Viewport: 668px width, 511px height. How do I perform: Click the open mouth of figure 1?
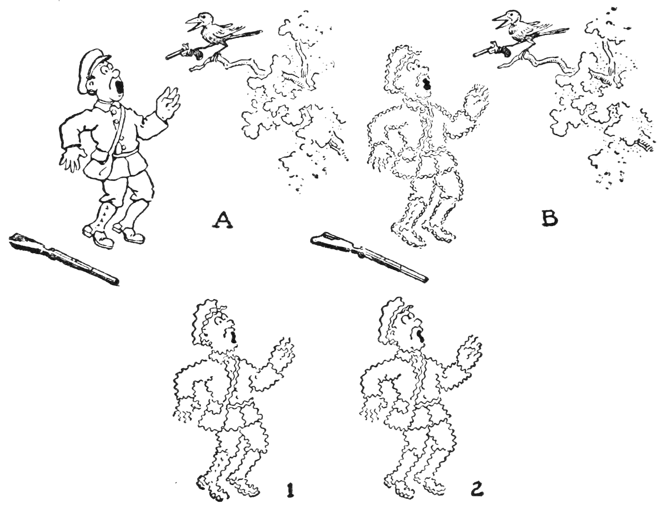click(234, 336)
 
